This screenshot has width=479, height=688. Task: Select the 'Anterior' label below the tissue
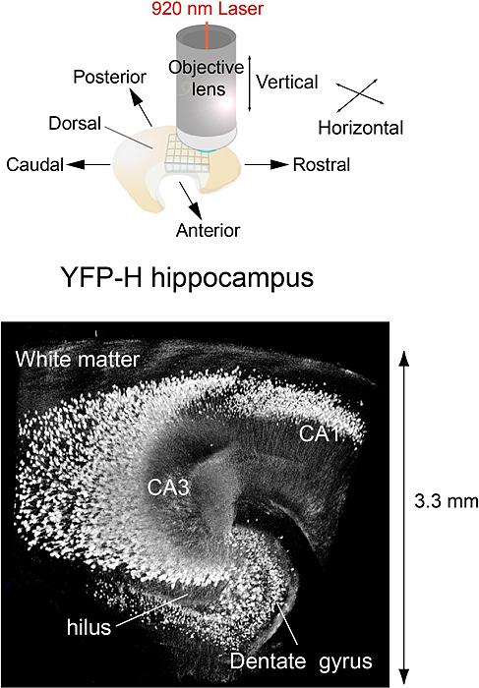coord(208,231)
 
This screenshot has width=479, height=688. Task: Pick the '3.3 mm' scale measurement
coord(446,502)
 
